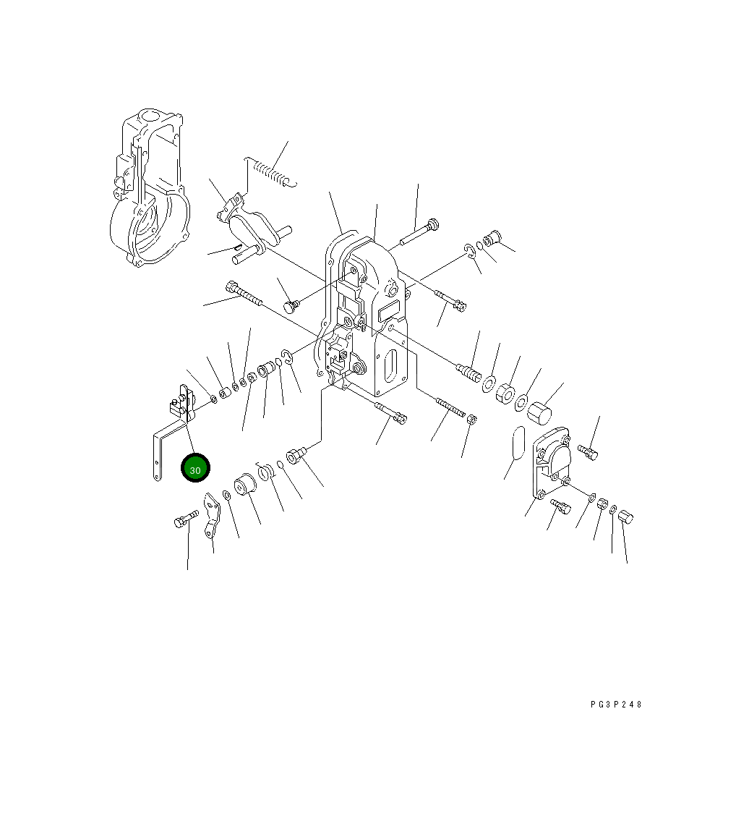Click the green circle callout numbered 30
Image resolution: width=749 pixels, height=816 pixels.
tap(195, 468)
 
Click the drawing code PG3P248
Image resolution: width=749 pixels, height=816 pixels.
tap(616, 704)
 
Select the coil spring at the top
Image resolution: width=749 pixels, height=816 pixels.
tap(271, 172)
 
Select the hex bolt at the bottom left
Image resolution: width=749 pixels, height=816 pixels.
tap(185, 519)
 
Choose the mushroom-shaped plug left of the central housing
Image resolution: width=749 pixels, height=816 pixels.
tap(291, 307)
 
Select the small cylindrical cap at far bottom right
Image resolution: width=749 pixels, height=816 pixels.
tap(626, 516)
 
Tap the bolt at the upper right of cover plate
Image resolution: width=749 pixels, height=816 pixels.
tap(587, 452)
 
